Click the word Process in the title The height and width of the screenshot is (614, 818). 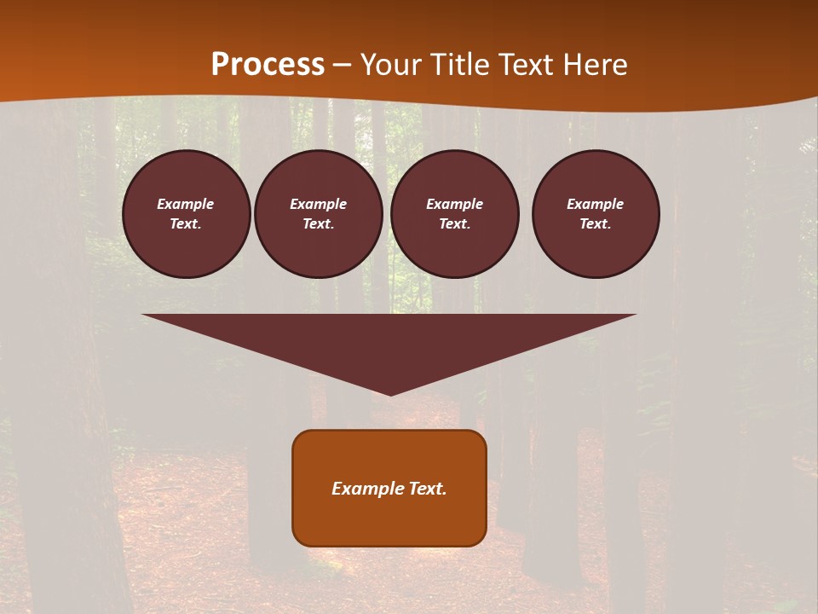pyautogui.click(x=268, y=65)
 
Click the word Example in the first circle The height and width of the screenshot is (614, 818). pyautogui.click(x=186, y=204)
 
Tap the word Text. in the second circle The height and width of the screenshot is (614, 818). pyautogui.click(x=319, y=223)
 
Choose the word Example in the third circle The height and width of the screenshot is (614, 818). pyautogui.click(x=455, y=204)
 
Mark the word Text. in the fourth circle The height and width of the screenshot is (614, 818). pyautogui.click(x=596, y=223)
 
